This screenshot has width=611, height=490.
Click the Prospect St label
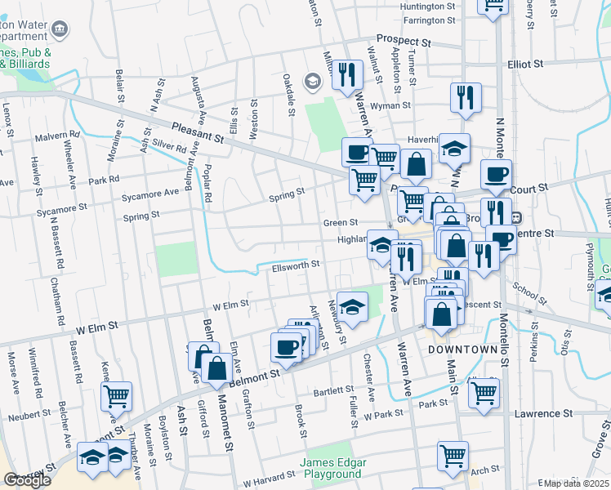[x=403, y=39]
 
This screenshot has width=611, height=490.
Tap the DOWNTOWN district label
[x=460, y=349]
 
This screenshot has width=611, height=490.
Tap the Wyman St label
[x=390, y=105]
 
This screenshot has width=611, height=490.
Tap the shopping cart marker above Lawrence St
[x=484, y=392]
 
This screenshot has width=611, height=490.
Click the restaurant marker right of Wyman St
[x=466, y=97]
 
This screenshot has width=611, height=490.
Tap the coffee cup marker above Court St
[x=496, y=174]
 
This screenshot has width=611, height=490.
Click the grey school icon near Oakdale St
[x=311, y=81]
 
